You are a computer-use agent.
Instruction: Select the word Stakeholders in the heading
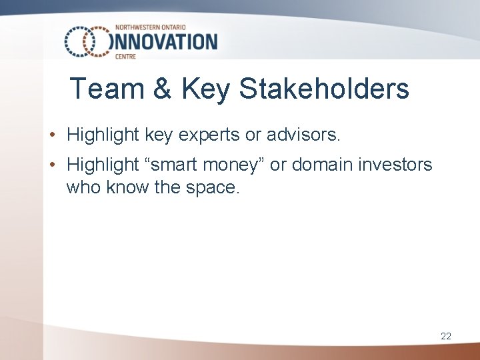[x=324, y=89]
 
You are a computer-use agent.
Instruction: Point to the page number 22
[x=446, y=336]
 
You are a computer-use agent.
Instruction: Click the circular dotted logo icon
[x=87, y=41]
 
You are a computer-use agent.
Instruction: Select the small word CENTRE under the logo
[x=126, y=57]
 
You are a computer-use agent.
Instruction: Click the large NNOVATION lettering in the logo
[x=166, y=42]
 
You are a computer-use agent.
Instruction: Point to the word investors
[x=397, y=164]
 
